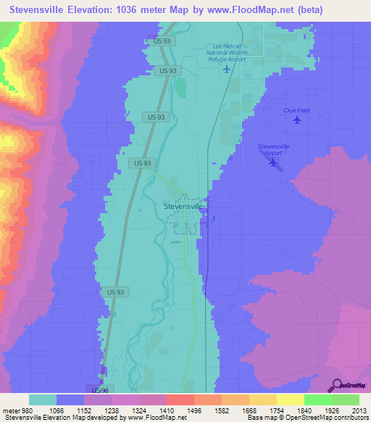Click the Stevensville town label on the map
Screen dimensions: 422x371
(x=180, y=205)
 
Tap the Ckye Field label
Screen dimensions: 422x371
(x=296, y=110)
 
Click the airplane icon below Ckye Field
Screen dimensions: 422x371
(x=296, y=120)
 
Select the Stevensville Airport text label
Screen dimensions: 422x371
(x=274, y=149)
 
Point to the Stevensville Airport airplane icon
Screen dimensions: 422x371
(x=273, y=162)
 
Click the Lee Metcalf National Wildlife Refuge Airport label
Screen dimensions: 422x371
(x=226, y=52)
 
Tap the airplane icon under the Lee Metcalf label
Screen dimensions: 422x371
(x=227, y=69)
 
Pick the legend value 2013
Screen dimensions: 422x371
(x=350, y=410)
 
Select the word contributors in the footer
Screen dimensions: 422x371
(x=351, y=418)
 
